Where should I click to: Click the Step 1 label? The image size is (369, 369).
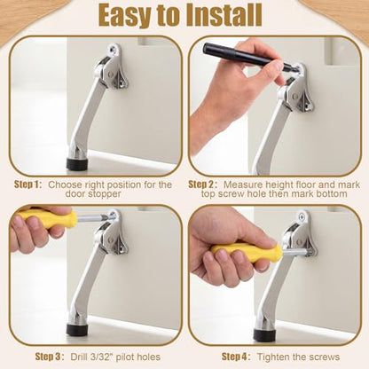coord(28,184)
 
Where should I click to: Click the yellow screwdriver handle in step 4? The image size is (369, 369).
coord(247,253)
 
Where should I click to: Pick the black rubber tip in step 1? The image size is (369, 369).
coord(77,164)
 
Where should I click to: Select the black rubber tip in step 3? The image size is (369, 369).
coord(77,330)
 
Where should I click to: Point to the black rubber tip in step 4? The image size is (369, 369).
coord(264,334)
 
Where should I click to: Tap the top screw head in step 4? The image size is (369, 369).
coord(302,216)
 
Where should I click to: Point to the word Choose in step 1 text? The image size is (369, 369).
coord(65,184)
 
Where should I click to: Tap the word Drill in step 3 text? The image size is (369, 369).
coord(79,357)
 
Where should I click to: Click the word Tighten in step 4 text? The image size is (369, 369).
coord(272,357)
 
